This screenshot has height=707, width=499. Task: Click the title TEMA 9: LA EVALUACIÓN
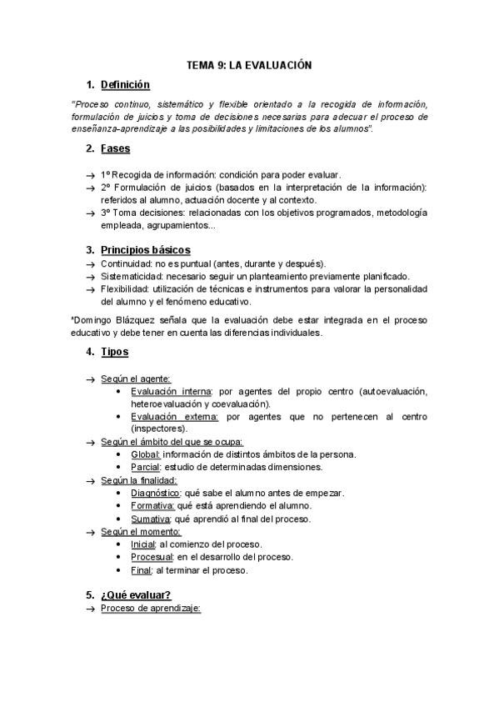click(x=248, y=65)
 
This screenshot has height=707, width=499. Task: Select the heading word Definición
click(x=125, y=84)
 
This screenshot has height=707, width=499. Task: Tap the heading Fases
click(x=115, y=148)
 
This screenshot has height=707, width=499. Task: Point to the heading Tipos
click(x=114, y=352)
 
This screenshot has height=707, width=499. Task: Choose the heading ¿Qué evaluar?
click(x=136, y=594)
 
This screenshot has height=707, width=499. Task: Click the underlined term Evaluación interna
click(x=171, y=391)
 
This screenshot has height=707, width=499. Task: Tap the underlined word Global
click(x=145, y=454)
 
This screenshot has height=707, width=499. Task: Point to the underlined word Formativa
click(x=152, y=505)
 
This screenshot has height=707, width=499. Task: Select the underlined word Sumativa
click(x=152, y=519)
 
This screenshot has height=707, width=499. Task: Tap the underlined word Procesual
click(x=152, y=557)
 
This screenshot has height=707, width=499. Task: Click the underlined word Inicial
click(x=143, y=544)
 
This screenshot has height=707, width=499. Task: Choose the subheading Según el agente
click(x=136, y=379)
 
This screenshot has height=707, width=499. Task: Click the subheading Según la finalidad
click(x=139, y=480)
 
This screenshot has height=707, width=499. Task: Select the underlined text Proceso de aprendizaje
click(x=152, y=609)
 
